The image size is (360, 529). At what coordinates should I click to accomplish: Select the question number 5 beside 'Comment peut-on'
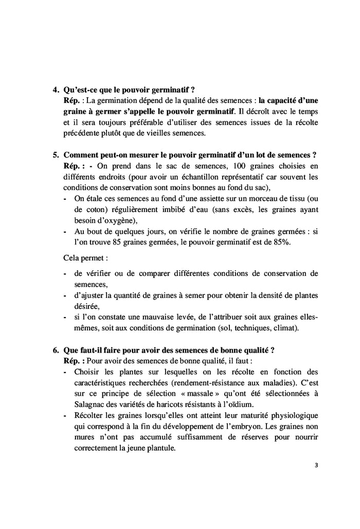[56, 155]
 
